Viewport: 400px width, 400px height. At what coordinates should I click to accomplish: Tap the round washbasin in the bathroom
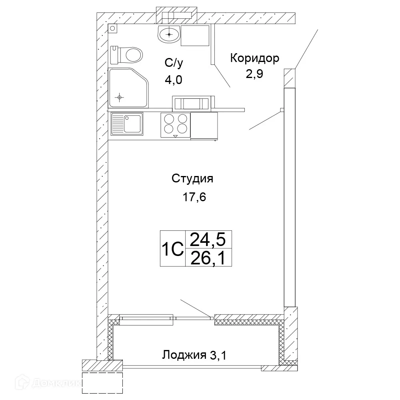coord(169,34)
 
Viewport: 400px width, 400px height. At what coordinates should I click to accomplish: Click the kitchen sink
coord(127,124)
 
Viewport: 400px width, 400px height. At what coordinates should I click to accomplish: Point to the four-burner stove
coord(175,124)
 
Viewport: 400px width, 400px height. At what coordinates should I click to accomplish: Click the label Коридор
coord(254,59)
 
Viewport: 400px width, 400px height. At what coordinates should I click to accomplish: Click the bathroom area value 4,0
coord(173,79)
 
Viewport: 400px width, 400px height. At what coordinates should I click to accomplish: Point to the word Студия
coord(192,178)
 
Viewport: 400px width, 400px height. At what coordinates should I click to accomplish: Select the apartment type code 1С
coord(172,249)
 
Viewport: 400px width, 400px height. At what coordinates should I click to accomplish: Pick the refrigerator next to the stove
coord(204,125)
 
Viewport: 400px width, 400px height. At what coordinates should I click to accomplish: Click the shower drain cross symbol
coord(119,97)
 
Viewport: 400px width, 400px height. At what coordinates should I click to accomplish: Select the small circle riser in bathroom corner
coord(112,29)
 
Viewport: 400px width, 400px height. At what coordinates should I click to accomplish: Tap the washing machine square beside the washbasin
coord(195,35)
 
